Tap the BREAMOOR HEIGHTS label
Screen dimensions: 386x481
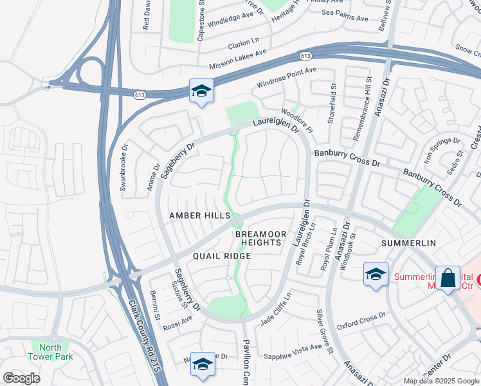click(x=259, y=238)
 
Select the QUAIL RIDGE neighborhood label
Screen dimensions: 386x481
click(x=210, y=255)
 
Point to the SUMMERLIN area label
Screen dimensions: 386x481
click(x=408, y=243)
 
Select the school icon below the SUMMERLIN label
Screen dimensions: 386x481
click(x=376, y=274)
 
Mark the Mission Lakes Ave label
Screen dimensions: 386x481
click(x=238, y=62)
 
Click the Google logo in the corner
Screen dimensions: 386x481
click(x=21, y=378)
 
